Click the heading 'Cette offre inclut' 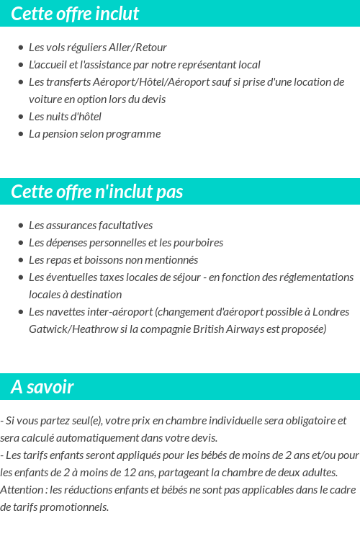point(75,14)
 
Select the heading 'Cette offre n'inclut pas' point(97,192)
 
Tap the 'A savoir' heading point(42,387)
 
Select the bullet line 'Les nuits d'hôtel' point(65,117)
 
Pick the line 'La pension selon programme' point(94,134)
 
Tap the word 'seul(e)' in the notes point(76,421)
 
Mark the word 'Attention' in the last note point(22,490)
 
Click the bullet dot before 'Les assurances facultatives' point(20,226)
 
